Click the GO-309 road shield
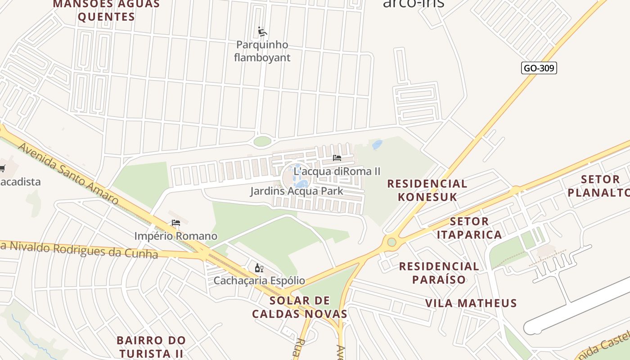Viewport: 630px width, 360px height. click(x=539, y=68)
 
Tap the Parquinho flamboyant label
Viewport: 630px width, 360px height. click(x=262, y=51)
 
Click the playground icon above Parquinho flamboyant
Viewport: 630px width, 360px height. click(x=262, y=31)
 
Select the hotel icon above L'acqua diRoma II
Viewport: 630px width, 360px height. click(x=337, y=158)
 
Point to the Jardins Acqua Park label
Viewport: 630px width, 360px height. click(x=297, y=191)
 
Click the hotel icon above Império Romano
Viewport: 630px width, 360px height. click(x=176, y=223)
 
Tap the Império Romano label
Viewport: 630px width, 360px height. click(x=175, y=236)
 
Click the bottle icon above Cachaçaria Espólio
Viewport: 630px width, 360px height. click(x=259, y=268)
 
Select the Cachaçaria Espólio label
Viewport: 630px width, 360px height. click(x=259, y=281)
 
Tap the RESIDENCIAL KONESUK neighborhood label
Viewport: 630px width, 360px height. click(x=427, y=190)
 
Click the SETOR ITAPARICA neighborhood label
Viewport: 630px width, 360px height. click(x=469, y=228)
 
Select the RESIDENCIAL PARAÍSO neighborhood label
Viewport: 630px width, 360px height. click(x=439, y=273)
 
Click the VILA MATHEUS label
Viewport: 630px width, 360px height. click(x=471, y=303)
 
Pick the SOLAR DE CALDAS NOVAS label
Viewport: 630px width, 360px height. click(x=299, y=307)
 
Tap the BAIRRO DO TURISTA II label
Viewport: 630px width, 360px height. click(x=151, y=346)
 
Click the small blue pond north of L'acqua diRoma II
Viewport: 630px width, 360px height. click(x=377, y=144)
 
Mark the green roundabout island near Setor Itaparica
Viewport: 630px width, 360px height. click(x=391, y=242)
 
